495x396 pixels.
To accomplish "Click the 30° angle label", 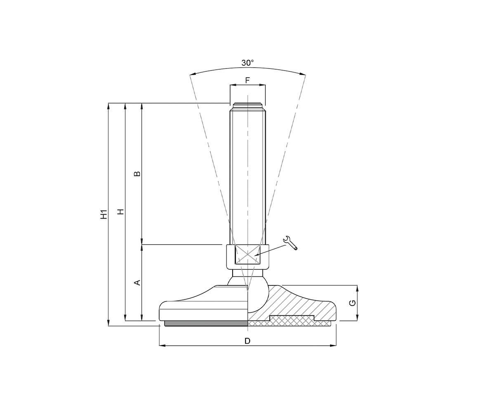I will pyautogui.click(x=247, y=63).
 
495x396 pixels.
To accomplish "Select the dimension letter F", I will pyautogui.click(x=247, y=80).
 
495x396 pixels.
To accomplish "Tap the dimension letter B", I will pyautogui.click(x=138, y=174).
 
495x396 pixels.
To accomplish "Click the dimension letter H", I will pyautogui.click(x=120, y=212).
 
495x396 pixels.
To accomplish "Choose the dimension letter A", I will pyautogui.click(x=138, y=283).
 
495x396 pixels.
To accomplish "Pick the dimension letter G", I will pyautogui.click(x=352, y=303).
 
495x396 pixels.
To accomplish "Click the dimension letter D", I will pyautogui.click(x=247, y=341).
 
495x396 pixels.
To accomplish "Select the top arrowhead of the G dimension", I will pyautogui.click(x=357, y=288).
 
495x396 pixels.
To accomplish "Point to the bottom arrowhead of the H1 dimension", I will pyautogui.click(x=108, y=323).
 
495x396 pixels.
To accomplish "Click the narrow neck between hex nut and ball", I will pyautogui.click(x=247, y=273).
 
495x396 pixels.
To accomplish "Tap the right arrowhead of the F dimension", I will pyautogui.click(x=263, y=85).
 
